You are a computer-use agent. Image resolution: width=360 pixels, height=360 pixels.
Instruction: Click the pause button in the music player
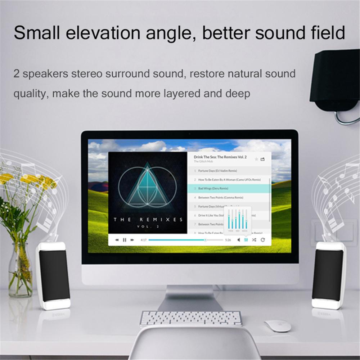click(x=125, y=240)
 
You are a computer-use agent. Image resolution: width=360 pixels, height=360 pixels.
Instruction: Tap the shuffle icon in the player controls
click(x=254, y=240)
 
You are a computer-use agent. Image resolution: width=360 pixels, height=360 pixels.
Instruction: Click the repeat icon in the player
click(x=263, y=240)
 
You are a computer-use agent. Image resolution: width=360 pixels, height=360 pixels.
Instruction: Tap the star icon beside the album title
click(x=256, y=159)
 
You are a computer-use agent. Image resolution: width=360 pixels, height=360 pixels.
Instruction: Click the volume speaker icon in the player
click(x=239, y=240)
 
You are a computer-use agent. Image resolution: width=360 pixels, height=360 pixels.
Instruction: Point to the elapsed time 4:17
click(x=143, y=240)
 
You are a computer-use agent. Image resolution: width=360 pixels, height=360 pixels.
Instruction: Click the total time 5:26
click(x=228, y=240)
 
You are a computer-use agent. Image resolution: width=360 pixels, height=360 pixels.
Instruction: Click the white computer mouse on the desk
click(x=278, y=325)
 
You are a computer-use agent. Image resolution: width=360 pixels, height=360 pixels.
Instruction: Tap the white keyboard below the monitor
click(x=191, y=319)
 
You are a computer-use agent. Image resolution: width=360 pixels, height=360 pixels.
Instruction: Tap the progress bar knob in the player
click(x=205, y=240)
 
